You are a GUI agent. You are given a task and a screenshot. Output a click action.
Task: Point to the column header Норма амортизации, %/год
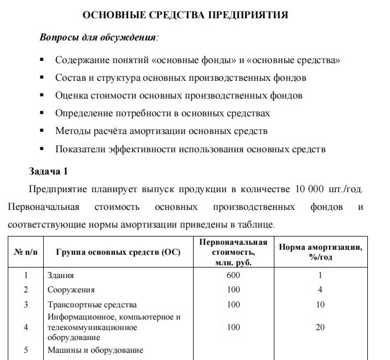[x=320, y=253]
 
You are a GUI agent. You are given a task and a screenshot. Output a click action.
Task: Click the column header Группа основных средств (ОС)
[x=118, y=253]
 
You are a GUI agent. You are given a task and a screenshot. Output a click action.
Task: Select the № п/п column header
[x=25, y=253]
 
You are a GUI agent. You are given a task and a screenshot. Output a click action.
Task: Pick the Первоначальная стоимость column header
[x=233, y=253]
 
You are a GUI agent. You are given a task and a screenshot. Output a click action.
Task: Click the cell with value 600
[x=233, y=275]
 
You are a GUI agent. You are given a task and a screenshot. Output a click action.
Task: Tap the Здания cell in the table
[x=61, y=275]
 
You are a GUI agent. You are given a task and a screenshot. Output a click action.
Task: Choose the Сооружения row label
[x=71, y=289]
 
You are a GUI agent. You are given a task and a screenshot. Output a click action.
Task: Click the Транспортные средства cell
[x=92, y=304]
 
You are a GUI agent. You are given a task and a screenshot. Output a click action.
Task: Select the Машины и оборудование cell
[x=95, y=350]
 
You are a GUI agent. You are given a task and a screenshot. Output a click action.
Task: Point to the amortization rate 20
[x=320, y=327]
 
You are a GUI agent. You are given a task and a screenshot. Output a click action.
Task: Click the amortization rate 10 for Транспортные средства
[x=320, y=304]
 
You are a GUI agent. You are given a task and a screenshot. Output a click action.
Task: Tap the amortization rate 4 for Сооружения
[x=320, y=289]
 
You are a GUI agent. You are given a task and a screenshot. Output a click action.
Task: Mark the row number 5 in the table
[x=25, y=350]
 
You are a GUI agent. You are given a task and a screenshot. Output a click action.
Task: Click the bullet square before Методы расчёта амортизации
[x=41, y=131]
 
